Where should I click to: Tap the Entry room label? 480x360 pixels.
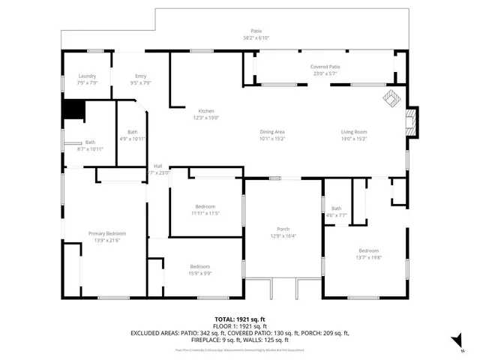pyautogui.click(x=140, y=76)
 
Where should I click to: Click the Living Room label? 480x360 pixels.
pyautogui.click(x=353, y=132)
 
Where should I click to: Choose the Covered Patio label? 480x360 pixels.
pyautogui.click(x=325, y=67)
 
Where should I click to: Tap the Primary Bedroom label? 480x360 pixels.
pyautogui.click(x=104, y=234)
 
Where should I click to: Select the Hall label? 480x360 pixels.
pyautogui.click(x=158, y=166)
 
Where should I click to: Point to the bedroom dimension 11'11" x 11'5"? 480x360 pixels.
pyautogui.click(x=205, y=213)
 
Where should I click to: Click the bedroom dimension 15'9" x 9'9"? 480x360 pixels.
pyautogui.click(x=199, y=273)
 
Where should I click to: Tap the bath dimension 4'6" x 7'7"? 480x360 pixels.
pyautogui.click(x=336, y=214)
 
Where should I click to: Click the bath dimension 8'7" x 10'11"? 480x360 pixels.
pyautogui.click(x=90, y=148)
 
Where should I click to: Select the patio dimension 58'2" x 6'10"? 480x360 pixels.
pyautogui.click(x=235, y=37)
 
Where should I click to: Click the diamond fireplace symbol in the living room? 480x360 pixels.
pyautogui.click(x=390, y=97)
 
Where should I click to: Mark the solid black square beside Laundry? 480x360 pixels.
pyautogui.click(x=73, y=110)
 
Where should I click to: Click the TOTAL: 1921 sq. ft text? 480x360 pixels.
pyautogui.click(x=239, y=319)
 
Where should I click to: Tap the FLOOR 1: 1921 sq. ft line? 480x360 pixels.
pyautogui.click(x=239, y=326)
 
